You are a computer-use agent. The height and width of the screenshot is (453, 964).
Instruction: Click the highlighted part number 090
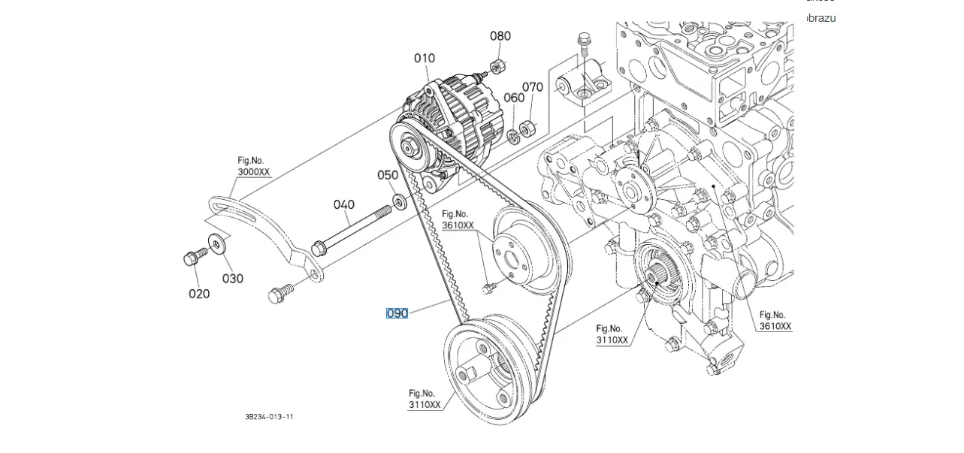[397, 313]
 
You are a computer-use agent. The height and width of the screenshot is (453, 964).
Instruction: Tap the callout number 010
[425, 58]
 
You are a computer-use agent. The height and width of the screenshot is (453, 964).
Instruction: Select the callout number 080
[500, 35]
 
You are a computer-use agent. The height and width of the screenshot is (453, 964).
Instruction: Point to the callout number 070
[532, 87]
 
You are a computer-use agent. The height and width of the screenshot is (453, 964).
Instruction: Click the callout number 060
[514, 98]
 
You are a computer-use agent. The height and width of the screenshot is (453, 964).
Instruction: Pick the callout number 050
[388, 175]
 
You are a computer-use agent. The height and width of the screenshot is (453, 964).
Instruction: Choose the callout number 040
[344, 204]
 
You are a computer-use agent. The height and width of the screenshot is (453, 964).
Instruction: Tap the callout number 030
[233, 279]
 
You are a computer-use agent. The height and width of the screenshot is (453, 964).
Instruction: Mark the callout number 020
[199, 294]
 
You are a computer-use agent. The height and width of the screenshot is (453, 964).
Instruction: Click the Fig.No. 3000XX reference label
[253, 166]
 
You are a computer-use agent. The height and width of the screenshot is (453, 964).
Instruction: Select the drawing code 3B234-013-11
[269, 417]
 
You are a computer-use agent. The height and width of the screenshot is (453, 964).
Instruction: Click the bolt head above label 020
[190, 258]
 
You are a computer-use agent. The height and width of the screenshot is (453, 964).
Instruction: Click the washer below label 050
[398, 201]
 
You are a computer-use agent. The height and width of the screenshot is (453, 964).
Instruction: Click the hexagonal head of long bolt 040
[318, 246]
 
